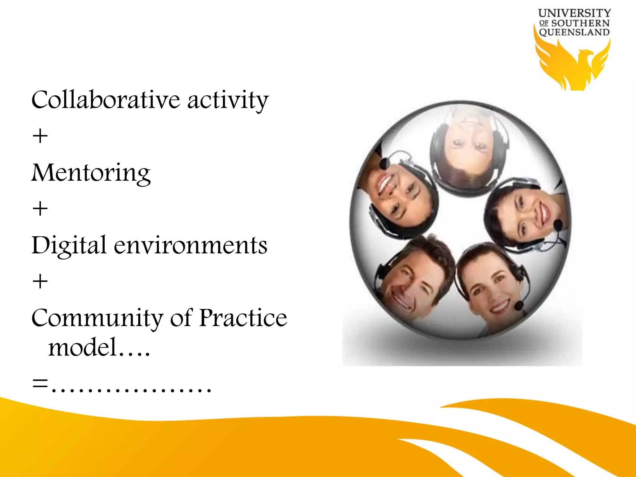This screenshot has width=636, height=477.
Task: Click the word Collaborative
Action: coord(106,100)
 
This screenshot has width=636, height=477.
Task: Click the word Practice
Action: coord(243,318)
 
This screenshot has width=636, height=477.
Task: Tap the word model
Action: coord(82,347)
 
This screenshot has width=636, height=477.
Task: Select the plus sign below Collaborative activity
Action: coord(40,136)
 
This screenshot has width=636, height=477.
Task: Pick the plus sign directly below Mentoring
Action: coord(40,209)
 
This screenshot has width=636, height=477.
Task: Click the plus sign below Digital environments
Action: coord(40,282)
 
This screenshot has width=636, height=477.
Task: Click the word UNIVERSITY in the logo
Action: coord(574,13)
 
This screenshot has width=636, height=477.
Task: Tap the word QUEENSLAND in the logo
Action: coord(574,32)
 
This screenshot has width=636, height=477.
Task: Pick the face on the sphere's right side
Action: coord(528,214)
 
